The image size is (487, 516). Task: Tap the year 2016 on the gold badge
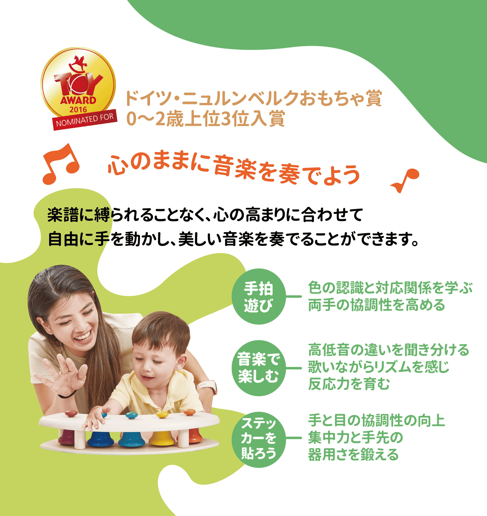(78, 110)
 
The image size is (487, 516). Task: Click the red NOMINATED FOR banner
(85, 120)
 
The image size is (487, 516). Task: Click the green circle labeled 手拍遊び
(259, 296)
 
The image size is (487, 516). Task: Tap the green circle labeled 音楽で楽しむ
(259, 368)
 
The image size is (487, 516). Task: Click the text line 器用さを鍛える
(353, 455)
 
